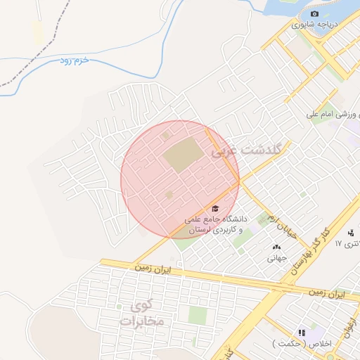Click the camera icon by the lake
point(314,14)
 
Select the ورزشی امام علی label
point(333,114)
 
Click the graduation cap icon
point(214,208)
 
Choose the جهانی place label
point(274,257)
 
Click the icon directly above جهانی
point(275,247)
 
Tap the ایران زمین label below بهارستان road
point(328,293)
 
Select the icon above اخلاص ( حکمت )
point(302,333)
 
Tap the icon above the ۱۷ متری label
point(351,233)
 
